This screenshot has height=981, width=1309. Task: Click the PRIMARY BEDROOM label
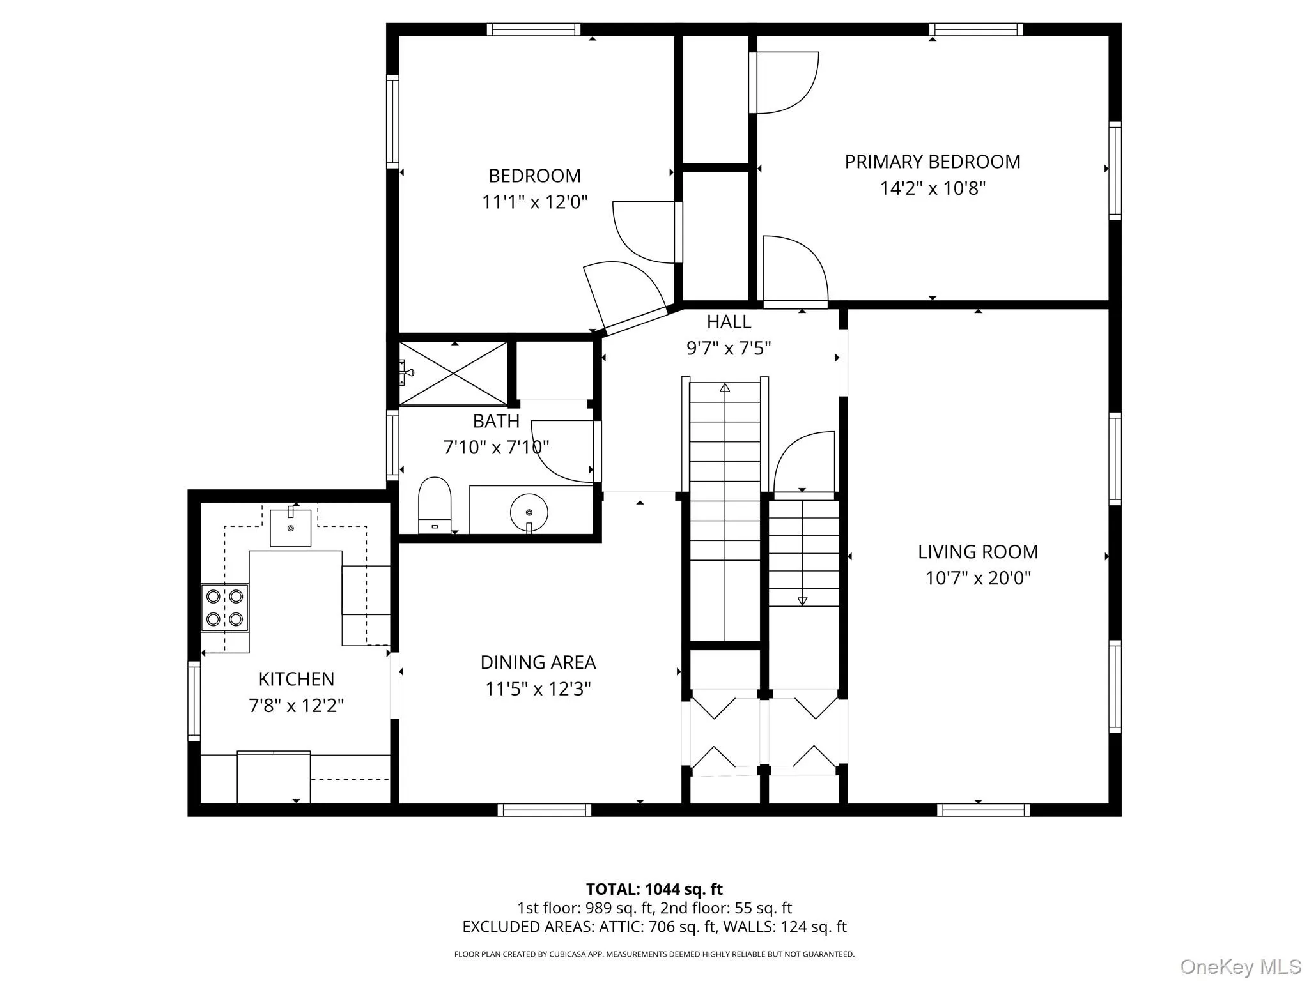[x=933, y=162]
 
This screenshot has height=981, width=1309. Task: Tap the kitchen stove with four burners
[x=224, y=607]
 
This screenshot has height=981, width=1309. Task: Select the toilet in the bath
[x=435, y=504]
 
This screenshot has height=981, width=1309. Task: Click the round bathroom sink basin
[x=529, y=512]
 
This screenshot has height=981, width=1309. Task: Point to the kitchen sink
[x=290, y=528]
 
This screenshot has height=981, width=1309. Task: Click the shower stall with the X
[x=453, y=374]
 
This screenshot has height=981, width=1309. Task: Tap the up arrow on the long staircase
[x=725, y=388]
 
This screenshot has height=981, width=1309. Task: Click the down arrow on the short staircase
[x=803, y=601]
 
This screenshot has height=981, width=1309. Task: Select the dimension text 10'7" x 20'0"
[x=978, y=578]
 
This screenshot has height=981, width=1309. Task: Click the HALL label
[x=729, y=321]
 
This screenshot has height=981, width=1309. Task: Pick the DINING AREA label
[x=538, y=662]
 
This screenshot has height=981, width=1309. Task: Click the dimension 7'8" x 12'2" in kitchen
[x=296, y=706]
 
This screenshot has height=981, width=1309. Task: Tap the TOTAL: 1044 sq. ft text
[x=654, y=889]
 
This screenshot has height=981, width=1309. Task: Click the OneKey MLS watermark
[x=1241, y=966]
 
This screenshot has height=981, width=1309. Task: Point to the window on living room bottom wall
[x=983, y=810]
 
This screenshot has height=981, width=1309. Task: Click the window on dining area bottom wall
[x=544, y=810]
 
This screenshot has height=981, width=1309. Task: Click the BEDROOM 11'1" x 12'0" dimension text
[x=534, y=202]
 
